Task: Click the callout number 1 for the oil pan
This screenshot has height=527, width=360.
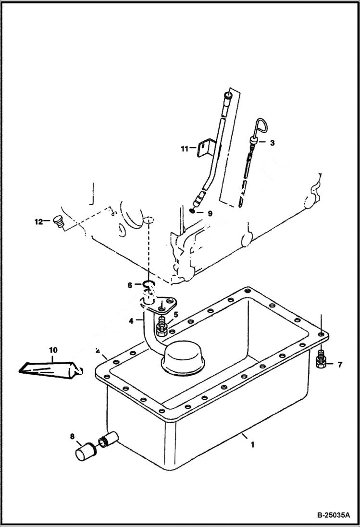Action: [252, 445]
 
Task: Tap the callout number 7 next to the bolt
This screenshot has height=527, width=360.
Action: [339, 365]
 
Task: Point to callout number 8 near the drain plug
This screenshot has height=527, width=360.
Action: [73, 437]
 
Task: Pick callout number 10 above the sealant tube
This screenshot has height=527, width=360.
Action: [52, 350]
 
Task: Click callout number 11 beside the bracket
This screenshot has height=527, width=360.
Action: [185, 149]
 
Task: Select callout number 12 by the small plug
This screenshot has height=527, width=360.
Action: [38, 221]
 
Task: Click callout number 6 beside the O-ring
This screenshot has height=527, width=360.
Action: [130, 285]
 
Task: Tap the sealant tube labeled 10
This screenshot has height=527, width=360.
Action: [48, 369]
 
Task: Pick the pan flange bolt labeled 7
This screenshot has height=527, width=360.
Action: [322, 360]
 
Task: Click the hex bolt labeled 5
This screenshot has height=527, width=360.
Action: [161, 328]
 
